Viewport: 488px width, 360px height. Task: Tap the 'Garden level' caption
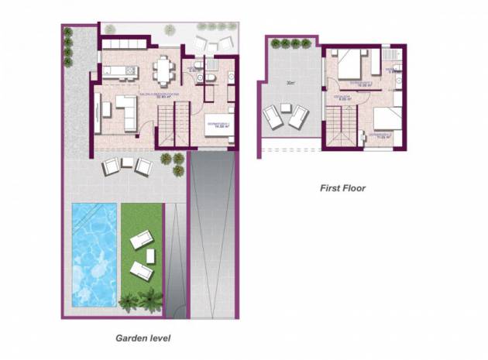point(143,338)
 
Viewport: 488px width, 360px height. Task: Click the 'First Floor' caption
point(342,187)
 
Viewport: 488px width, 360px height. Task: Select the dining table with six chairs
point(165,70)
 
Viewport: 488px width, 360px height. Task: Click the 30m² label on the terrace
point(290,83)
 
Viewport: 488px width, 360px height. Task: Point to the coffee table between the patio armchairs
point(126,164)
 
